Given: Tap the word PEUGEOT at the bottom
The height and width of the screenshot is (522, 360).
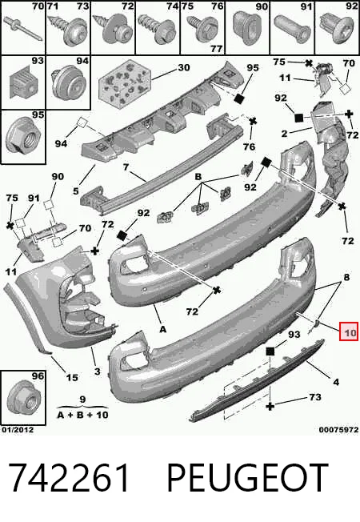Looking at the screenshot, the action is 247,477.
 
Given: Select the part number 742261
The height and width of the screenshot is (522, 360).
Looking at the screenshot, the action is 68,477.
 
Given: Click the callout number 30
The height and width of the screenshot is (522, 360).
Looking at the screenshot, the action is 184,67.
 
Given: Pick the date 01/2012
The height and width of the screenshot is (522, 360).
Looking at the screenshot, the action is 18,430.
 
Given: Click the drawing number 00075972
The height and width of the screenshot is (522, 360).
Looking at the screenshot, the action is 338,430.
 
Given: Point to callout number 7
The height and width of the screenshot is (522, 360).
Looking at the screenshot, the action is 126,167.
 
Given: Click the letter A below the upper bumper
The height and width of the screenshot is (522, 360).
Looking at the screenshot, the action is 162,329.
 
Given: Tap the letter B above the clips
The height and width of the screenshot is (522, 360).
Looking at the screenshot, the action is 198,176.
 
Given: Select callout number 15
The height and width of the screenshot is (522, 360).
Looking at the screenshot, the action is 72,378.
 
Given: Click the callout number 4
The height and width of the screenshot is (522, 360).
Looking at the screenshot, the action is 336,382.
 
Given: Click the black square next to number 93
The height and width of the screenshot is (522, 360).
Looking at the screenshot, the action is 270,351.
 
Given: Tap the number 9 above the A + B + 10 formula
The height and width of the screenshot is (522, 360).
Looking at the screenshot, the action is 83,400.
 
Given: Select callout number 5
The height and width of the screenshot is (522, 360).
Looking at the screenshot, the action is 76,191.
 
